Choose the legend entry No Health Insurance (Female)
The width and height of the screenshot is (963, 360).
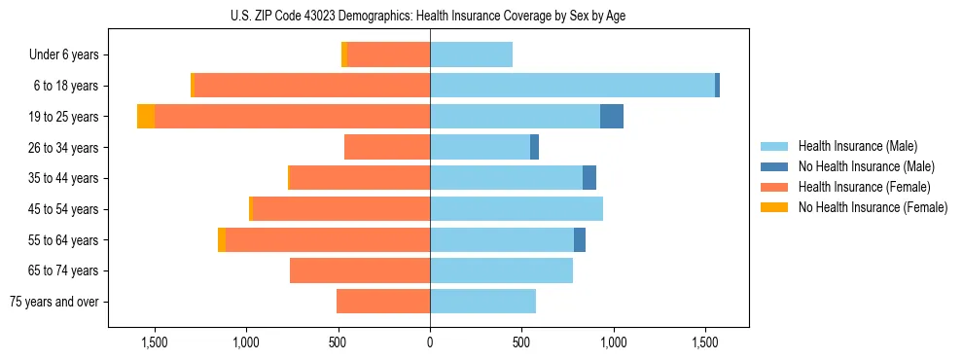point(873,207)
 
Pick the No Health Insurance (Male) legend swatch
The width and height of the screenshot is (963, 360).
point(775,166)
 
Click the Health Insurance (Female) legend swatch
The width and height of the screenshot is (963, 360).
point(775,187)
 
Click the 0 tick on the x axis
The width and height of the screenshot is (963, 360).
point(430,342)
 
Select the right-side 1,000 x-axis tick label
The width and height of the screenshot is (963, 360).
point(614,342)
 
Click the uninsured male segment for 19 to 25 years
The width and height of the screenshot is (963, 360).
point(612,116)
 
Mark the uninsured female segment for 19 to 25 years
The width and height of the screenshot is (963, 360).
point(146,116)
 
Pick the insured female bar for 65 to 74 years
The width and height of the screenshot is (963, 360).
point(360,270)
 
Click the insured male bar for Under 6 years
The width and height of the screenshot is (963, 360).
point(471,54)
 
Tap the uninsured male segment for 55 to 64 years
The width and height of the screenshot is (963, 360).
point(580,239)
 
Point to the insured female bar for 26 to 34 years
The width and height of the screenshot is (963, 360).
point(387,147)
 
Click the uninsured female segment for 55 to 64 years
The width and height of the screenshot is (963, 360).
point(222,239)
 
